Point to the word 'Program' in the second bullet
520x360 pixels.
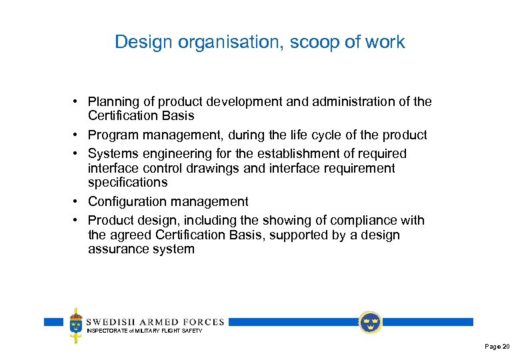(113, 135)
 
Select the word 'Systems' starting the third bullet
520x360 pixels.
(113, 154)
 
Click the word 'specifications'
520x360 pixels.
(127, 182)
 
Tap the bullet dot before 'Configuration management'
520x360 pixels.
(77, 201)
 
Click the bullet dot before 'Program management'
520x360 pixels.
(77, 135)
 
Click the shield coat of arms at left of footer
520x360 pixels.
(76, 325)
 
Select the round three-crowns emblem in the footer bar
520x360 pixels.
(370, 323)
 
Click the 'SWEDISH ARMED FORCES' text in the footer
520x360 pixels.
(155, 321)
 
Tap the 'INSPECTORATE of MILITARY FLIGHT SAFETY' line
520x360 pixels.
(145, 331)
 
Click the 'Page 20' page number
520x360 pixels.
(497, 347)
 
